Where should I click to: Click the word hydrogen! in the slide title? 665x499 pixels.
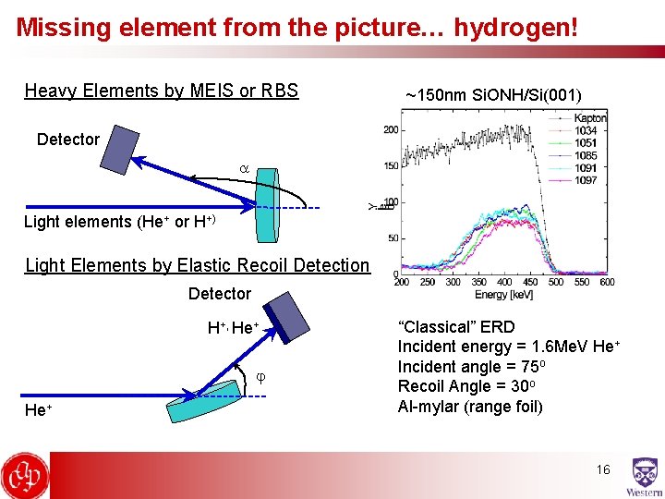(x=517, y=27)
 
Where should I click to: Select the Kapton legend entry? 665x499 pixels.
(x=589, y=118)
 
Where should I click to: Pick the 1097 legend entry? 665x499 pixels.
(x=586, y=180)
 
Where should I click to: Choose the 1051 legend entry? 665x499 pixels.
(x=586, y=143)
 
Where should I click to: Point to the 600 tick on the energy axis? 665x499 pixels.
(x=606, y=282)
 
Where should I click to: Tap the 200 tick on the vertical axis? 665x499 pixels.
(x=392, y=129)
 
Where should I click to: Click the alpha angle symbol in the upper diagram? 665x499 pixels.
(x=245, y=170)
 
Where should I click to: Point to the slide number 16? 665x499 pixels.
(x=602, y=469)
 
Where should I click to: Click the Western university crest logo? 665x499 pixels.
(x=643, y=476)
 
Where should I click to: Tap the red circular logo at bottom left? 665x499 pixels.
(x=24, y=476)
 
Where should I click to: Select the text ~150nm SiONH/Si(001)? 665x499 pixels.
(x=493, y=94)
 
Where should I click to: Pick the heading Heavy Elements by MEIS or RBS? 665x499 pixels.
(x=162, y=91)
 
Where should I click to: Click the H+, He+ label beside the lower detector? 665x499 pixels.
(x=232, y=328)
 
